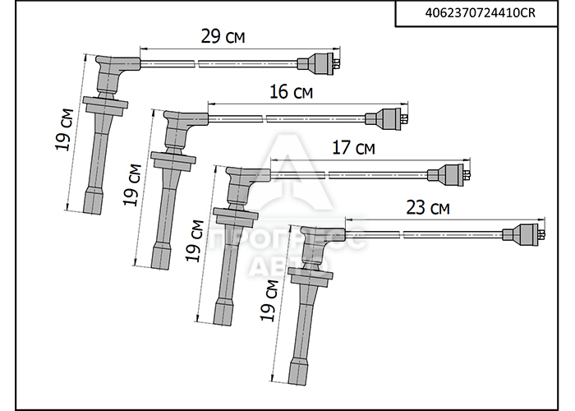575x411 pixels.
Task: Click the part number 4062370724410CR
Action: [480, 13]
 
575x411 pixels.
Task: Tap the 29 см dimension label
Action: [223, 37]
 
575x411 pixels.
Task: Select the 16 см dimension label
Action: [291, 92]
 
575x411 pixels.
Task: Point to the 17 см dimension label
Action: [353, 147]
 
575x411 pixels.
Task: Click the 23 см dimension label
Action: [428, 208]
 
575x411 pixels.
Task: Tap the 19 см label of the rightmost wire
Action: [269, 301]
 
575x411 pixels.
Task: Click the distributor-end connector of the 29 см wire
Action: [319, 63]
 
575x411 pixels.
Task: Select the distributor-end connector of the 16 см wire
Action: [387, 118]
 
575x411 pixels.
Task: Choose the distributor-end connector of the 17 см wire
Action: [448, 174]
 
